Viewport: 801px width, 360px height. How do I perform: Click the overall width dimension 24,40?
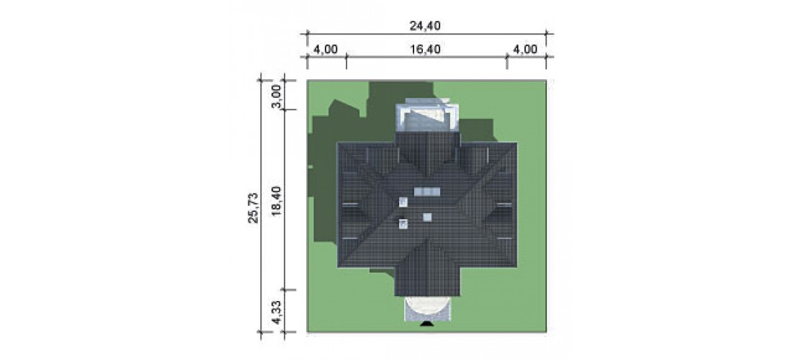[425, 24]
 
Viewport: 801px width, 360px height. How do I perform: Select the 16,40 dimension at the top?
[425, 49]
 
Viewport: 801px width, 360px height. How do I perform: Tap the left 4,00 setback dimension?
[325, 49]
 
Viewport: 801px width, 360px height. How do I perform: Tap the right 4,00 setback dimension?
[525, 49]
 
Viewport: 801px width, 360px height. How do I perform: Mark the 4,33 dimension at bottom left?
[277, 312]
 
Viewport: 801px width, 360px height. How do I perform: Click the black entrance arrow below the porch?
[426, 324]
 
